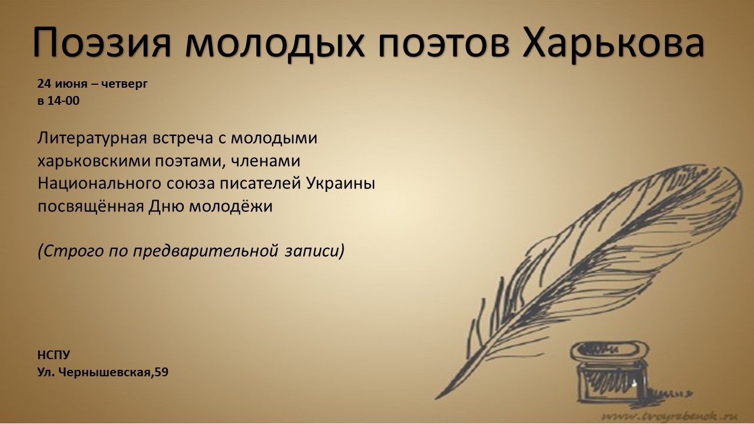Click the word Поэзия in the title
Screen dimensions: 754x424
(102, 44)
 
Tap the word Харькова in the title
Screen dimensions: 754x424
(613, 44)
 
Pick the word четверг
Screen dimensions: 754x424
(124, 84)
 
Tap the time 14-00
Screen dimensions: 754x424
(64, 101)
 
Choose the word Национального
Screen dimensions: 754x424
(99, 184)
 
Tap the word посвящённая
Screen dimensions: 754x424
(91, 206)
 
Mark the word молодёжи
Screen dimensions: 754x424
(230, 206)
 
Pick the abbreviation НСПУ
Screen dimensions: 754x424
(54, 355)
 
